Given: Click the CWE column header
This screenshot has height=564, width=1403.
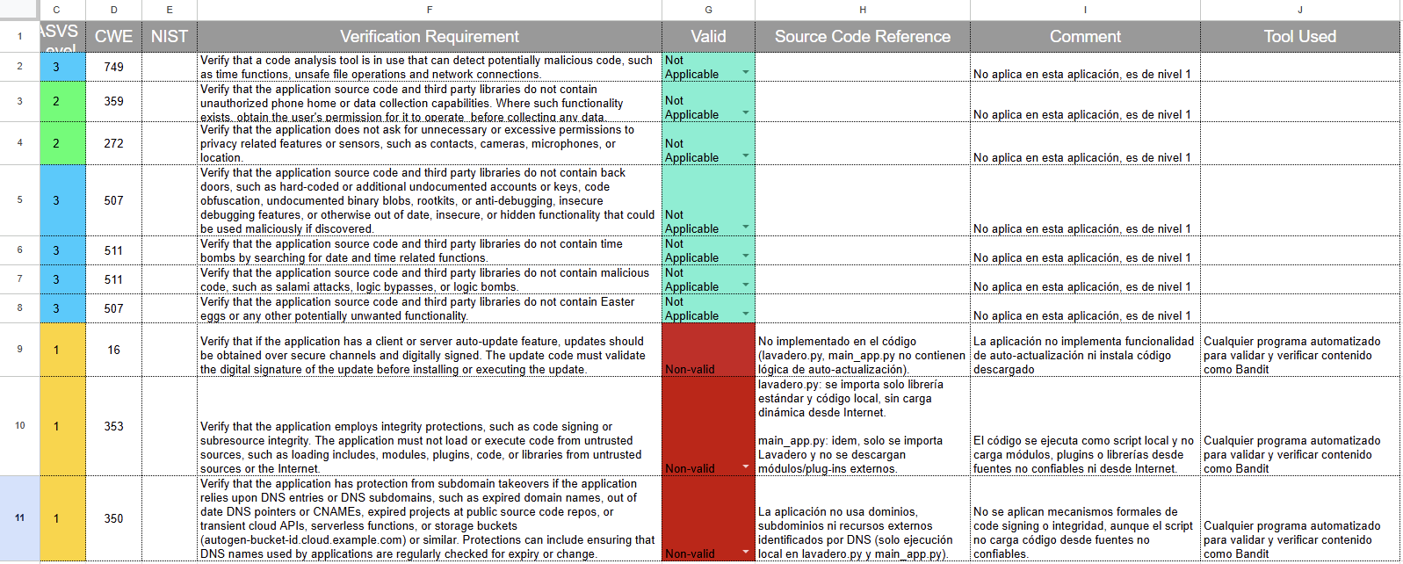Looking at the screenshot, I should click(x=113, y=37).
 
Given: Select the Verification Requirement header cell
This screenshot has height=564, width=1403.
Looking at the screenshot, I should click(x=429, y=37).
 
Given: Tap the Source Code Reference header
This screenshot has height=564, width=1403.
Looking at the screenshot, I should click(x=862, y=37).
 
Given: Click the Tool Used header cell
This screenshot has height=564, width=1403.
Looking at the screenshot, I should click(x=1299, y=37).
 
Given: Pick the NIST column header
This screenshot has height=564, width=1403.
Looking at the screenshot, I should click(x=169, y=37).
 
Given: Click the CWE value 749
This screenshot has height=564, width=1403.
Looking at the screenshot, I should click(x=113, y=67).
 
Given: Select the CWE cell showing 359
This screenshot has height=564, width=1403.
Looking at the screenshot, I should click(x=113, y=101).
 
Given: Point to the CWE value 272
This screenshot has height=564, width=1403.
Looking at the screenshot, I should click(x=113, y=143).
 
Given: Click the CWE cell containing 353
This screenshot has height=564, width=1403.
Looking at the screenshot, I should click(x=113, y=426).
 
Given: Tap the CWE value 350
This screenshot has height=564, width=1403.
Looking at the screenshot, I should click(x=113, y=518).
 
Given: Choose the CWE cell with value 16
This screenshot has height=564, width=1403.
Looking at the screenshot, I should click(x=113, y=350).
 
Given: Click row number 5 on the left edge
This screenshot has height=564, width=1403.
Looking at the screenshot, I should click(x=19, y=199).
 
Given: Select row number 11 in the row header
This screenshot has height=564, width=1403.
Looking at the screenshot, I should click(x=19, y=517).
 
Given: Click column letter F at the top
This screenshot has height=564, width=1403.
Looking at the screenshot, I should click(x=429, y=10).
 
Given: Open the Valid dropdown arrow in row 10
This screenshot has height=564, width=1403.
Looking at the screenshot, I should click(x=746, y=466).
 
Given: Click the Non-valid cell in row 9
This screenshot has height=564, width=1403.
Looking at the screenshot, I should click(x=707, y=350).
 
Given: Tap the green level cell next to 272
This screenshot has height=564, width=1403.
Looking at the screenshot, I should click(x=56, y=143).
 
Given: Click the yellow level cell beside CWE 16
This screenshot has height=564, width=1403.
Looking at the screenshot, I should click(x=56, y=350).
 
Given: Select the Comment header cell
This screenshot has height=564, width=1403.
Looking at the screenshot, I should click(x=1085, y=37).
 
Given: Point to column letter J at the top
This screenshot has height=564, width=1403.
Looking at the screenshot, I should click(x=1299, y=10).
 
